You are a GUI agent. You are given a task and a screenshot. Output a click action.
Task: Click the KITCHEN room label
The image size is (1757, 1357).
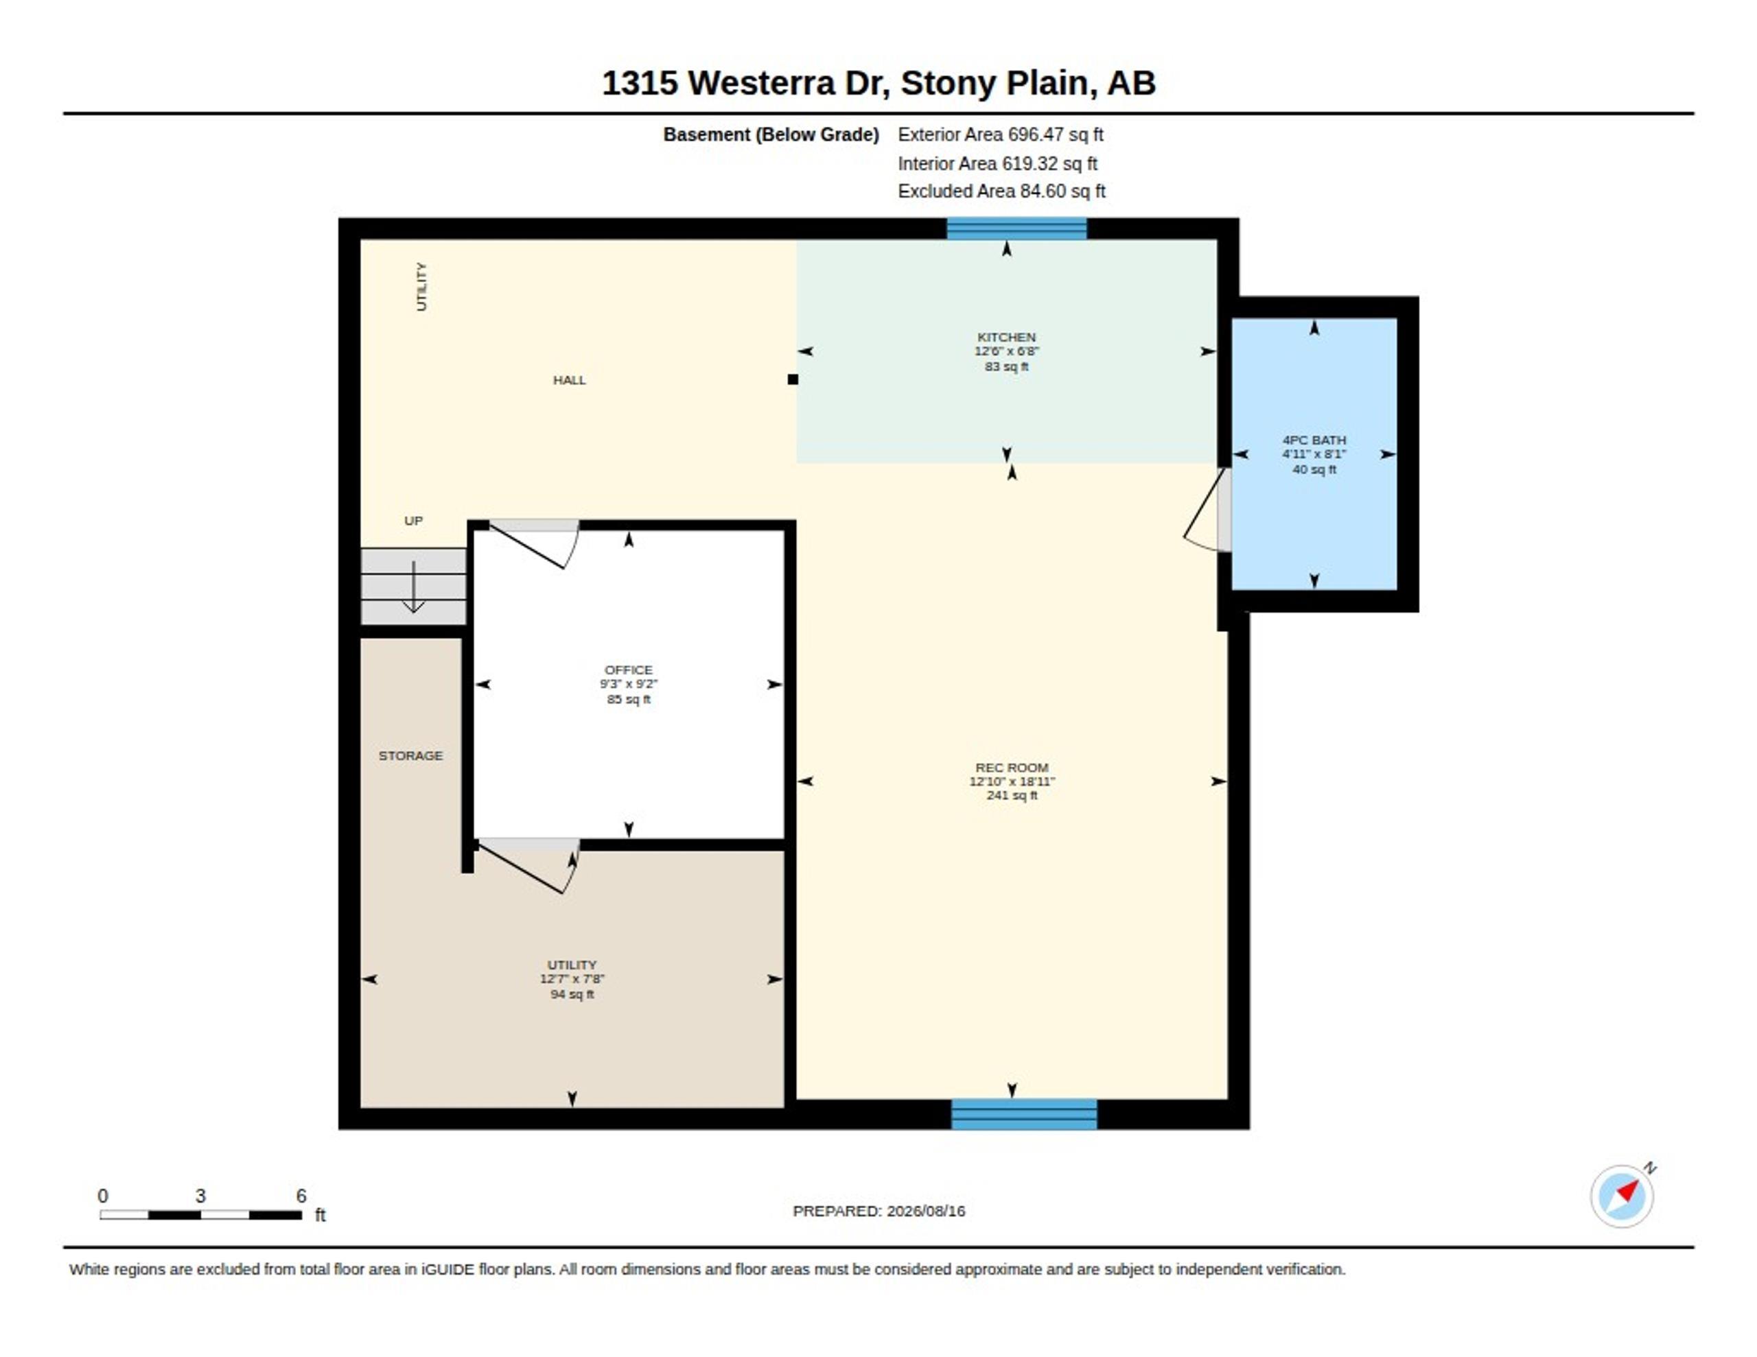pyautogui.click(x=1006, y=337)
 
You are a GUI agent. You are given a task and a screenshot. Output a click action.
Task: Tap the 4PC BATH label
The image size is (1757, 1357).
pyautogui.click(x=1314, y=440)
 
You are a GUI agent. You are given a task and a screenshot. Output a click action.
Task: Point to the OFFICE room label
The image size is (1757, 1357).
pyautogui.click(x=628, y=670)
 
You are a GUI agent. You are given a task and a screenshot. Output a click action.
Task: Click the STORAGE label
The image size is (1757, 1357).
pyautogui.click(x=410, y=755)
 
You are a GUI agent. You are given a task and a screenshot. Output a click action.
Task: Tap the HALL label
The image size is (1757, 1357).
pyautogui.click(x=569, y=379)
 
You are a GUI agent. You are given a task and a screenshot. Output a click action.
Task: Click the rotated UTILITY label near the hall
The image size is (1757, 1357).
pyautogui.click(x=421, y=286)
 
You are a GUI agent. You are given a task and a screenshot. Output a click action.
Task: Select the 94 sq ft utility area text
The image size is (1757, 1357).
pyautogui.click(x=572, y=994)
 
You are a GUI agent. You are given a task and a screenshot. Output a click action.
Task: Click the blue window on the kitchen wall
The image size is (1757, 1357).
pyautogui.click(x=1016, y=228)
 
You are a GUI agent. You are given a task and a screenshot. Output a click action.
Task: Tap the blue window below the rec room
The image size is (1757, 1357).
pyautogui.click(x=1023, y=1114)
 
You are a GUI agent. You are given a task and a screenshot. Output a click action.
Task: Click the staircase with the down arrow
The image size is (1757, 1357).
pyautogui.click(x=413, y=587)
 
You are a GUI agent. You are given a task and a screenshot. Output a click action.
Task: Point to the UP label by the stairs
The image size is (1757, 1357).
pyautogui.click(x=412, y=521)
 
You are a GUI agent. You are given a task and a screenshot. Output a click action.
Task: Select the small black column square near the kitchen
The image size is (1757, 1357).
pyautogui.click(x=793, y=379)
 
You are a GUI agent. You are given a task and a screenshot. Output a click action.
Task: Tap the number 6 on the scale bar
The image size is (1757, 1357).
pyautogui.click(x=301, y=1196)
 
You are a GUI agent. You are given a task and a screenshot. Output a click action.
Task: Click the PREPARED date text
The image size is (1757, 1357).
pyautogui.click(x=878, y=1211)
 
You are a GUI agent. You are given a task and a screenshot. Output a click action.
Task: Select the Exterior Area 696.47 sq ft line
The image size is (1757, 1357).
pyautogui.click(x=1001, y=134)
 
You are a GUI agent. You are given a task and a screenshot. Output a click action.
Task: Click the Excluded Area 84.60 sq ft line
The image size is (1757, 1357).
pyautogui.click(x=1001, y=191)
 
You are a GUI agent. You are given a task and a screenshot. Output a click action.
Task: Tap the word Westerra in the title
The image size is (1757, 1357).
pyautogui.click(x=762, y=83)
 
